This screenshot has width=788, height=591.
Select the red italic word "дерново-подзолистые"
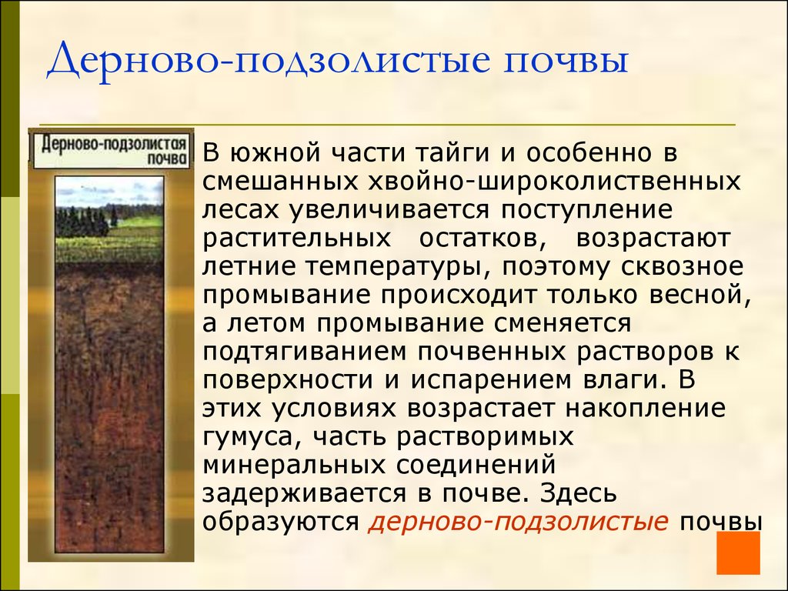518,521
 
